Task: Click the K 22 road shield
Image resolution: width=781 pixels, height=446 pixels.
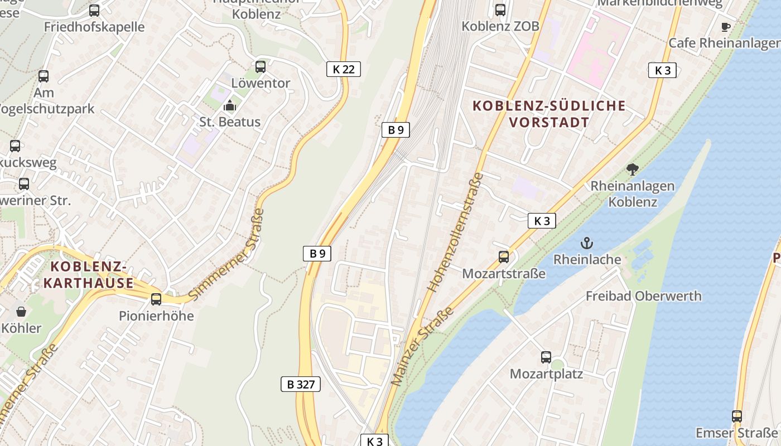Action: coord(343,69)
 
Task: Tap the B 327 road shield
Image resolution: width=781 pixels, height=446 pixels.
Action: coord(300,384)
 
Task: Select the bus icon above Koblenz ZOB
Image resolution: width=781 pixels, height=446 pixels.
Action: coord(500,10)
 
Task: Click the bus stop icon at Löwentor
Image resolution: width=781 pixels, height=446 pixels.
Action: coord(261,67)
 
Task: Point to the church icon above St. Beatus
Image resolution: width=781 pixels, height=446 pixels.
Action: coord(229,105)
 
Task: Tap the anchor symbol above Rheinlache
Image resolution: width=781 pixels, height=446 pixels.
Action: coord(586,243)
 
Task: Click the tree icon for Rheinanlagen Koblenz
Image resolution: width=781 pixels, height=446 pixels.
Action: coord(633,169)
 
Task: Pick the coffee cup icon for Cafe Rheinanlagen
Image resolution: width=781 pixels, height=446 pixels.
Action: coord(725,27)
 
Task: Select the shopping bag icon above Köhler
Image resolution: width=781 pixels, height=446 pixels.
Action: coord(21,311)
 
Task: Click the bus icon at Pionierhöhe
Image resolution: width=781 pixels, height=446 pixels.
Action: coord(156,299)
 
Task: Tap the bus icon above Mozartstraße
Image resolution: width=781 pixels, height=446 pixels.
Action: coord(504,257)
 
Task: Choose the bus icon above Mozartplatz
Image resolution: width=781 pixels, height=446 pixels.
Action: coord(546,357)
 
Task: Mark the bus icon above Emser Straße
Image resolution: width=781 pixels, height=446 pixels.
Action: coord(737,416)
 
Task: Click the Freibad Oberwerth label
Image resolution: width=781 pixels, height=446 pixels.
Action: coord(643,296)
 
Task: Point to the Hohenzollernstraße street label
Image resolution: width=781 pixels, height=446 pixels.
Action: coord(455,232)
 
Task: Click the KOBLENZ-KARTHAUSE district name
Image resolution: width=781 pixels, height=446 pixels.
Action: coord(89,274)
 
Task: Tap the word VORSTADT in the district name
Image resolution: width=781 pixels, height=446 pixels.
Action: coord(549,122)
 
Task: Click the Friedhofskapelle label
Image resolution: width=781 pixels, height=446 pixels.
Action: coord(94,27)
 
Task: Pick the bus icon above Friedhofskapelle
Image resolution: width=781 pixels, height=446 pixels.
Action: coord(94,10)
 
